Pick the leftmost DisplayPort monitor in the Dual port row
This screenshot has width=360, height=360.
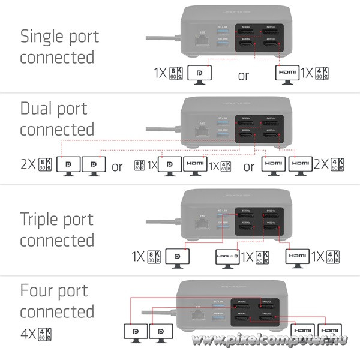click(67, 165)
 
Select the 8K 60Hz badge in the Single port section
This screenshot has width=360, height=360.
click(175, 73)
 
